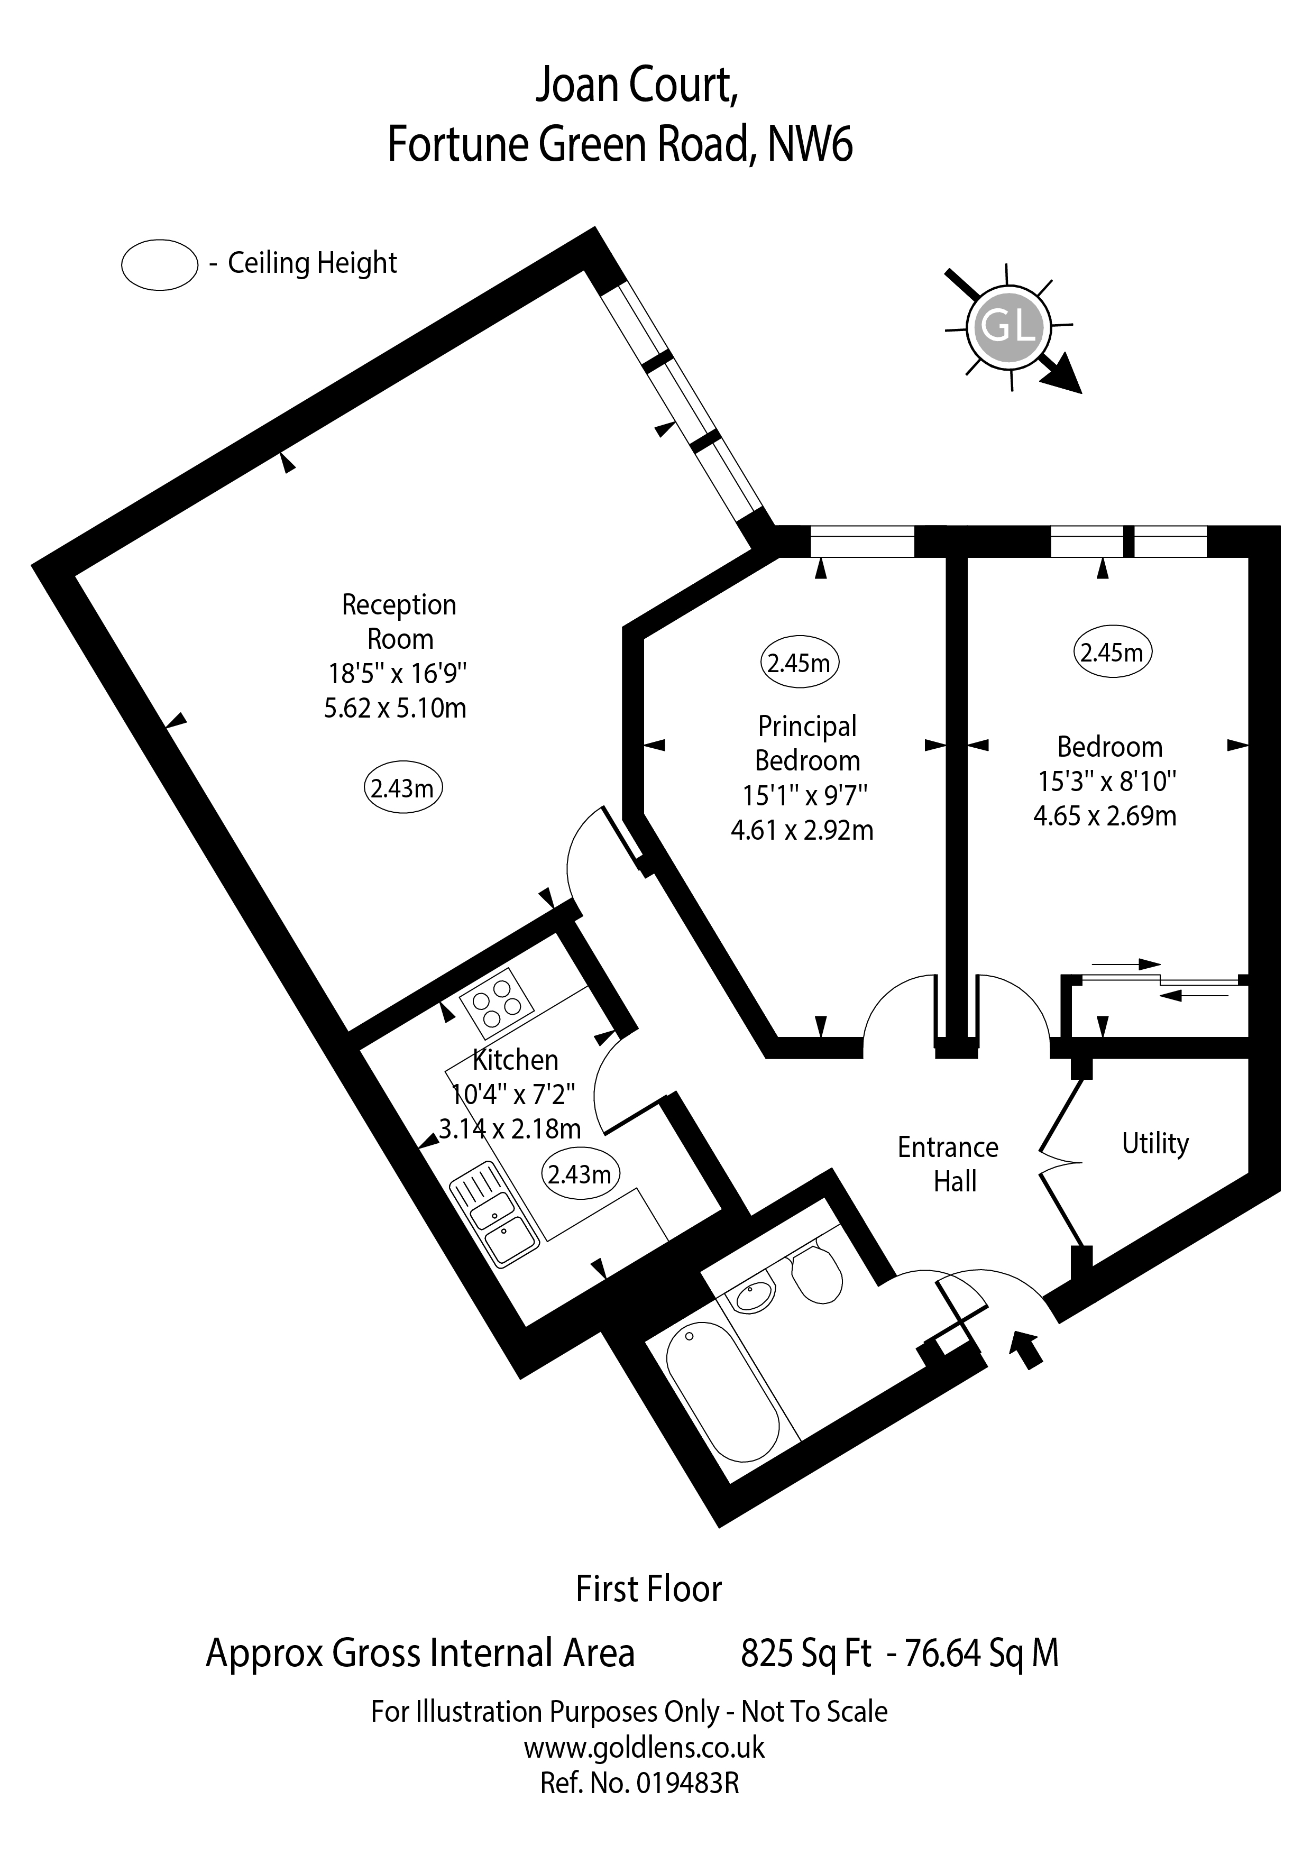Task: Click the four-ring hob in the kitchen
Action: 496,1003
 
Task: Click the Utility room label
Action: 1155,1143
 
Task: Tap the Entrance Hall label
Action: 949,1164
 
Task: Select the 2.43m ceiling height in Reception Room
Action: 402,788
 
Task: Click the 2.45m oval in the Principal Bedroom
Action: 799,663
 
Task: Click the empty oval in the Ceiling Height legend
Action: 159,264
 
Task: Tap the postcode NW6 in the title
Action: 810,145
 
